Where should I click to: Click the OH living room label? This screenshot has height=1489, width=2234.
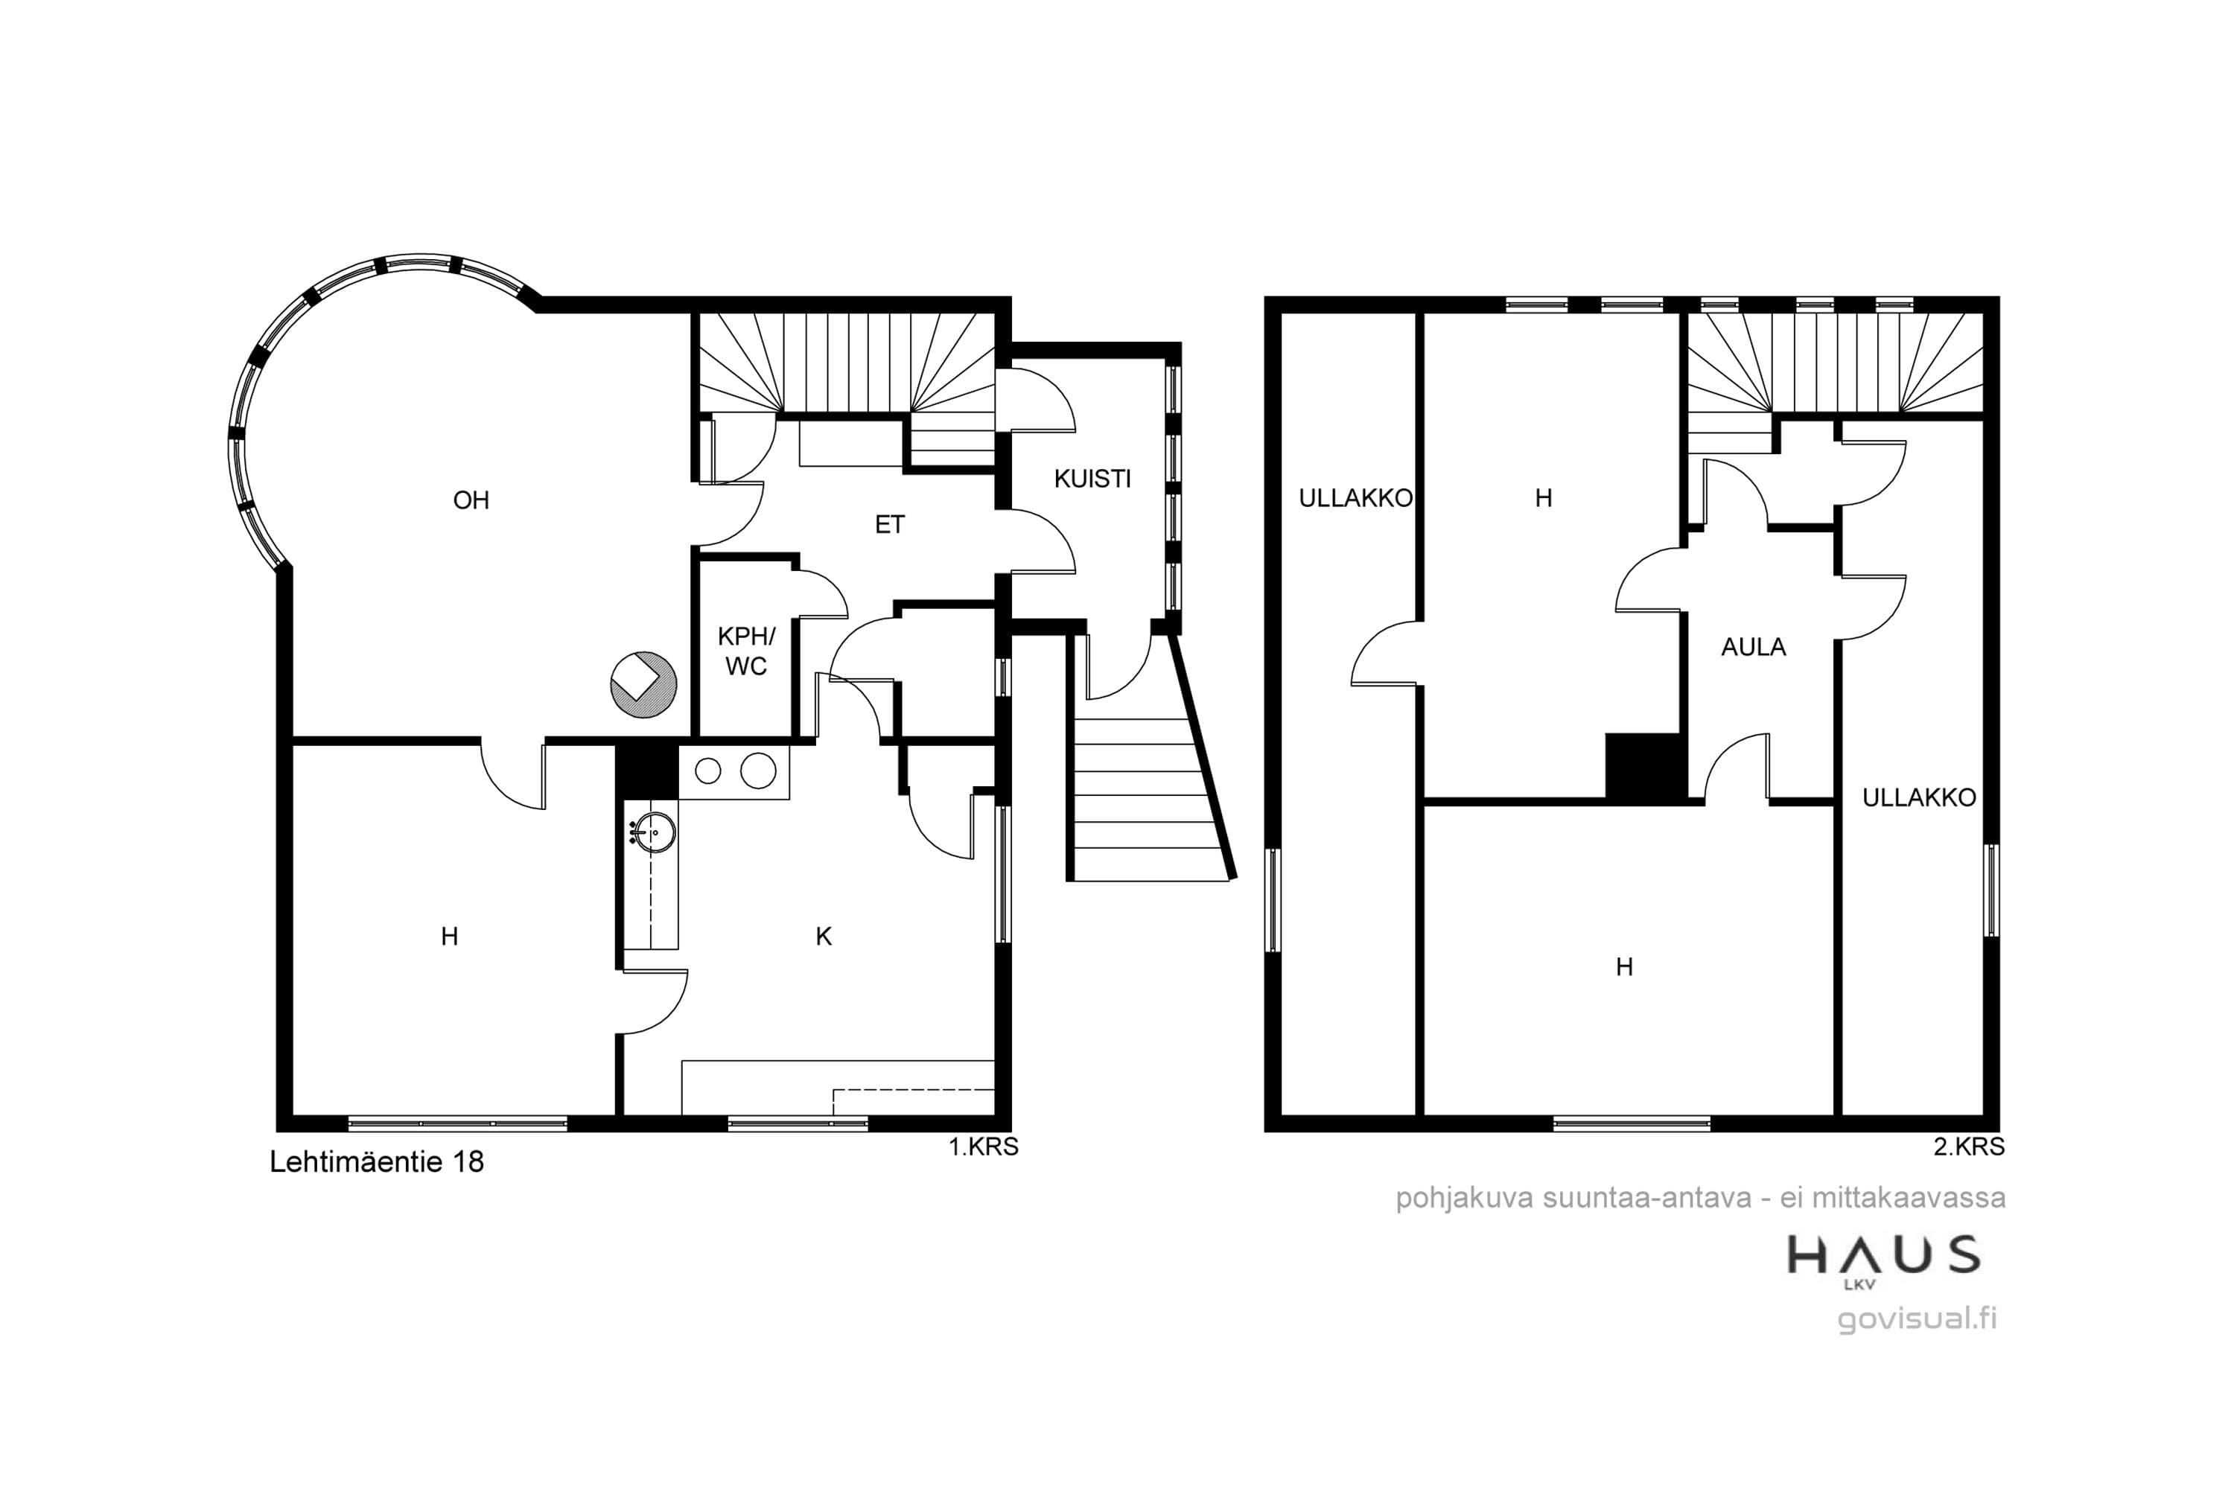[x=471, y=500]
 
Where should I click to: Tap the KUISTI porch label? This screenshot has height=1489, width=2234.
[x=1092, y=479]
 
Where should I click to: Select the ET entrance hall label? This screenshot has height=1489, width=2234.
[x=890, y=524]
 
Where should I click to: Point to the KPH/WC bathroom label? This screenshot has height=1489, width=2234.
[x=747, y=651]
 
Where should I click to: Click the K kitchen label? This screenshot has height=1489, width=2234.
[x=824, y=937]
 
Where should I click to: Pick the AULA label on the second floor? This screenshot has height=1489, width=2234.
[x=1754, y=647]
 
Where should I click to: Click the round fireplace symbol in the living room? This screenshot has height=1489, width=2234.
[x=643, y=683]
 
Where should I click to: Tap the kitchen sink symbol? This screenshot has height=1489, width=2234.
[x=652, y=834]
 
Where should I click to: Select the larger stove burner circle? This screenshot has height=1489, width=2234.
[x=758, y=770]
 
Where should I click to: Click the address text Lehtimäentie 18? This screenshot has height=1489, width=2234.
[x=377, y=1161]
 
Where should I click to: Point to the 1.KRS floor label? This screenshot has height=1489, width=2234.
[x=983, y=1147]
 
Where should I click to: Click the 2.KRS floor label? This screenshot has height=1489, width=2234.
[x=1969, y=1147]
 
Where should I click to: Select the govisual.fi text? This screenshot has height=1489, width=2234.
[x=1917, y=1319]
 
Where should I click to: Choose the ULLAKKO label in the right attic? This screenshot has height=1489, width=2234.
[x=1919, y=797]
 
